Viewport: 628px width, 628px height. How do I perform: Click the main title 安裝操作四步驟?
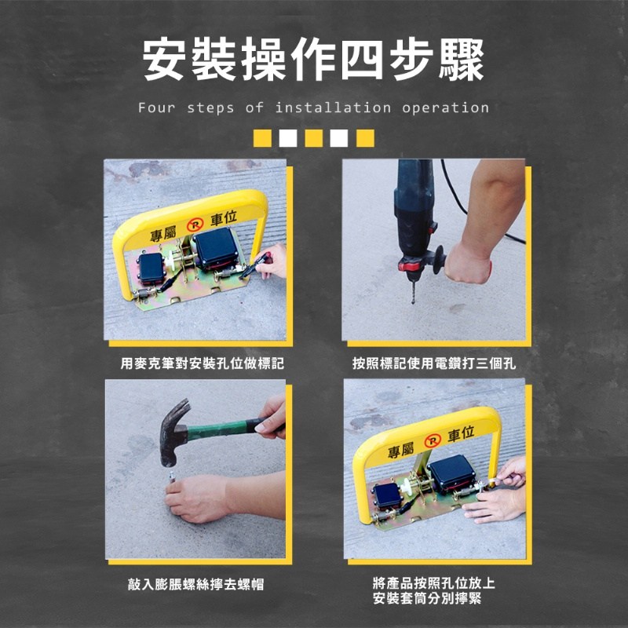tap(313, 60)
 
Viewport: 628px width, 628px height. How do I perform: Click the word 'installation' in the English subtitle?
tap(332, 108)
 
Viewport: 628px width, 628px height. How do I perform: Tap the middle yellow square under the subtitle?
tap(313, 138)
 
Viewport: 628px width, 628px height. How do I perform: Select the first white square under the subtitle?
tap(288, 138)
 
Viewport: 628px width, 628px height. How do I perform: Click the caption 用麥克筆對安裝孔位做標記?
tap(203, 363)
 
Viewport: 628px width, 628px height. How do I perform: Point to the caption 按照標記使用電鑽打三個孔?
tap(434, 363)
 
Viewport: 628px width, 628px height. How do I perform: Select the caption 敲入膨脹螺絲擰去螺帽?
tap(195, 584)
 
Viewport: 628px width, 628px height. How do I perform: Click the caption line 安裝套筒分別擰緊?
tap(427, 598)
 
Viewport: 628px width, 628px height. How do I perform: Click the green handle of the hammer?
tap(218, 429)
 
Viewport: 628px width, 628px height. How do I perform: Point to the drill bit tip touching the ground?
tap(413, 302)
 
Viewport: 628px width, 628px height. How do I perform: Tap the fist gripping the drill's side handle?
tap(468, 264)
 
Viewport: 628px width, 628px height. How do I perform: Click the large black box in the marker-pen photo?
tap(217, 248)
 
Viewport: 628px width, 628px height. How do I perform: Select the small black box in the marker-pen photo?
tap(152, 268)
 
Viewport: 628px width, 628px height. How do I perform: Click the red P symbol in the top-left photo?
tap(195, 225)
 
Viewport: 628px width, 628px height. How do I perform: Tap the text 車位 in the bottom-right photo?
tap(461, 434)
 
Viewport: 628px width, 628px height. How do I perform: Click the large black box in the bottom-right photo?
tap(452, 474)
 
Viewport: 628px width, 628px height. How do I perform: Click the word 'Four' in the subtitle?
tap(156, 108)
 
